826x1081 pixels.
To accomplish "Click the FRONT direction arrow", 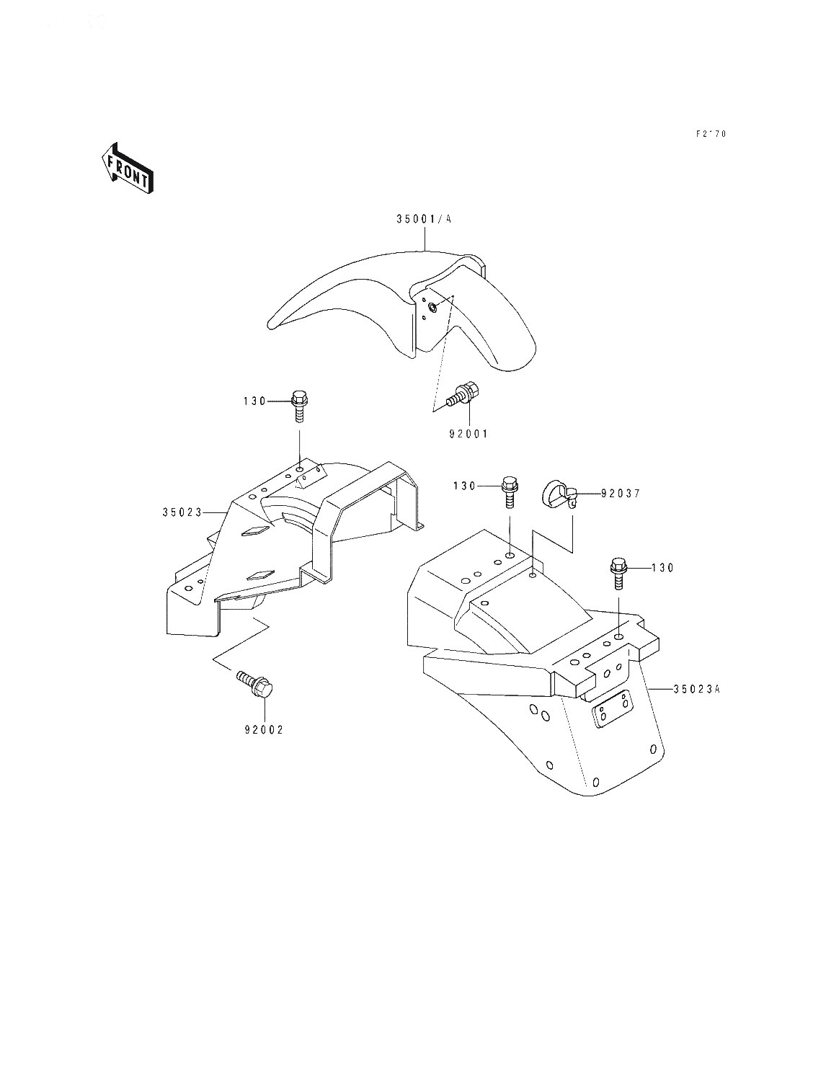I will pos(128,169).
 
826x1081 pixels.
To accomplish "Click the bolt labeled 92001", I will pos(461,393).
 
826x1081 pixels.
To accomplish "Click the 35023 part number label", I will pos(181,512).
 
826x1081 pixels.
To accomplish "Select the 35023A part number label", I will pos(697,689).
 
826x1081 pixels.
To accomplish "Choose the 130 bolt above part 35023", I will pos(299,404).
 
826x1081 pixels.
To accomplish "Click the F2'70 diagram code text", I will pos(711,134).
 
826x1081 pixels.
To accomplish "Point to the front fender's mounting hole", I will pos(432,308).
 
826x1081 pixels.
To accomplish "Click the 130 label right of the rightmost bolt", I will pos(662,568).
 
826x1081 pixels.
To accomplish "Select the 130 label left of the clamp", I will pos(466,486).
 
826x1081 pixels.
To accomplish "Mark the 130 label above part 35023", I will pos(254,401).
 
